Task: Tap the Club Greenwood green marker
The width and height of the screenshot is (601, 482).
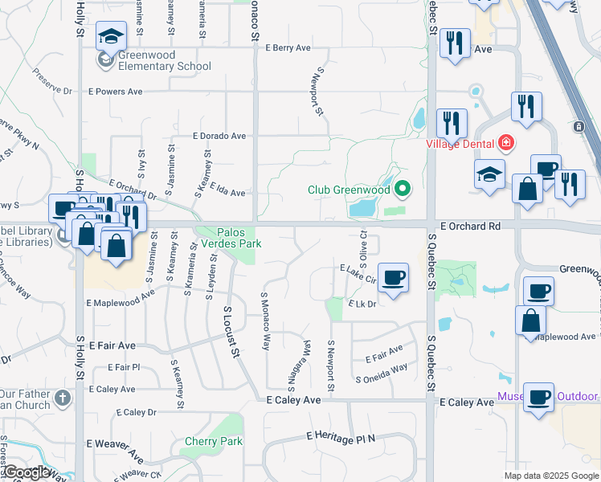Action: pos(403,190)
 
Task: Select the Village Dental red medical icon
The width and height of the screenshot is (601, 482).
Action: pos(505,143)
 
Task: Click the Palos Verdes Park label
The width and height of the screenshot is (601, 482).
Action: pos(230,239)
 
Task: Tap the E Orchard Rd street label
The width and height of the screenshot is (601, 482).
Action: pos(465,227)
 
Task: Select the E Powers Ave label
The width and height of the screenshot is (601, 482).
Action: pos(114,92)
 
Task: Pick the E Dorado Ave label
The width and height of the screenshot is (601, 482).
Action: pos(219,137)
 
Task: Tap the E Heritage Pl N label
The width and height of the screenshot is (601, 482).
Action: pos(341,437)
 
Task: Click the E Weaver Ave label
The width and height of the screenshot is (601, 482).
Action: pos(116,443)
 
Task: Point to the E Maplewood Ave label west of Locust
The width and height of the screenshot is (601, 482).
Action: pos(121,298)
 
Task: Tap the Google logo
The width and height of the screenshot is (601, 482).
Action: pos(27,472)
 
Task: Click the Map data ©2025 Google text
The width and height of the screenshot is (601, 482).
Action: pos(550,476)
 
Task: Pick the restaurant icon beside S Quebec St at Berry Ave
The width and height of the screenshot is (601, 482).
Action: pos(455,43)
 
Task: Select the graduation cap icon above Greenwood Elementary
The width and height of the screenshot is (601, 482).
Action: pos(111,36)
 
